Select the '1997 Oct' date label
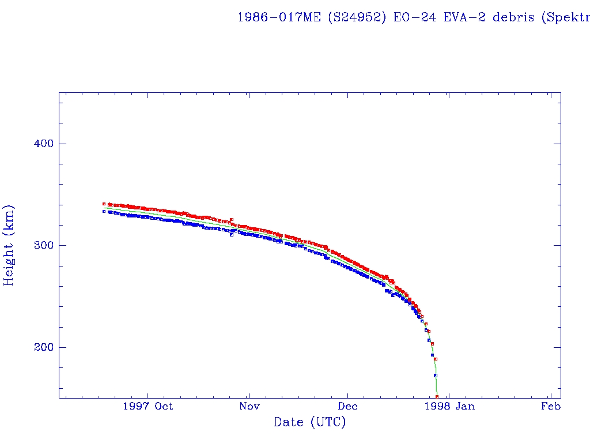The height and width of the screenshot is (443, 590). pyautogui.click(x=148, y=406)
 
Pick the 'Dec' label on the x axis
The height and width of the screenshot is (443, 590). pyautogui.click(x=347, y=406)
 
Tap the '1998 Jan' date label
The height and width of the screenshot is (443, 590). pyautogui.click(x=448, y=406)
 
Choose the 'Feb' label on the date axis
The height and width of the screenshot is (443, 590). pyautogui.click(x=551, y=406)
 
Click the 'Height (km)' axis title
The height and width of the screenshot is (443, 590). pyautogui.click(x=9, y=245)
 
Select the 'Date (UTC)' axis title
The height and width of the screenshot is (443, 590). pyautogui.click(x=310, y=422)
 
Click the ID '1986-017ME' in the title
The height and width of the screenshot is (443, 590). pyautogui.click(x=279, y=17)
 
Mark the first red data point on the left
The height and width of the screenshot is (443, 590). pyautogui.click(x=104, y=204)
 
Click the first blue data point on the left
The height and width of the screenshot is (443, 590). pyautogui.click(x=104, y=211)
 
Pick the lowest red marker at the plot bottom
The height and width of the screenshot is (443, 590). pyautogui.click(x=437, y=396)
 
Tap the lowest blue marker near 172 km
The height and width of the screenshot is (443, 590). pyautogui.click(x=436, y=376)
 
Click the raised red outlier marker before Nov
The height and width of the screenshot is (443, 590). pyautogui.click(x=232, y=220)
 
